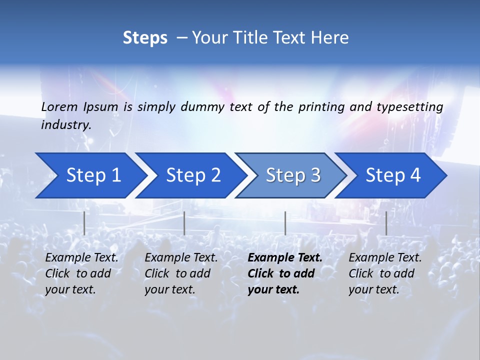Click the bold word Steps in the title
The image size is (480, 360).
tap(145, 38)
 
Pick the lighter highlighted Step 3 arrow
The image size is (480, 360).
tap(293, 175)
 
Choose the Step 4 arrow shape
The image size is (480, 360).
tap(393, 175)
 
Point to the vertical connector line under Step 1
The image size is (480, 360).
tap(84, 223)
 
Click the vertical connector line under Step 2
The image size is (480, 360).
tap(184, 223)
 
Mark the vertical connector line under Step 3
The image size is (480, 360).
tap(285, 223)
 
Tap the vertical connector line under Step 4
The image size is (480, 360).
tap(386, 223)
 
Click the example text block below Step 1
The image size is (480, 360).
tap(81, 273)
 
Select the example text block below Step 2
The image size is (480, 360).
tap(181, 273)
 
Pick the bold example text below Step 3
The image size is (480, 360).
tap(284, 273)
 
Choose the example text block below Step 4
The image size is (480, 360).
tap(384, 273)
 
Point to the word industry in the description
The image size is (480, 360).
tap(65, 125)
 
